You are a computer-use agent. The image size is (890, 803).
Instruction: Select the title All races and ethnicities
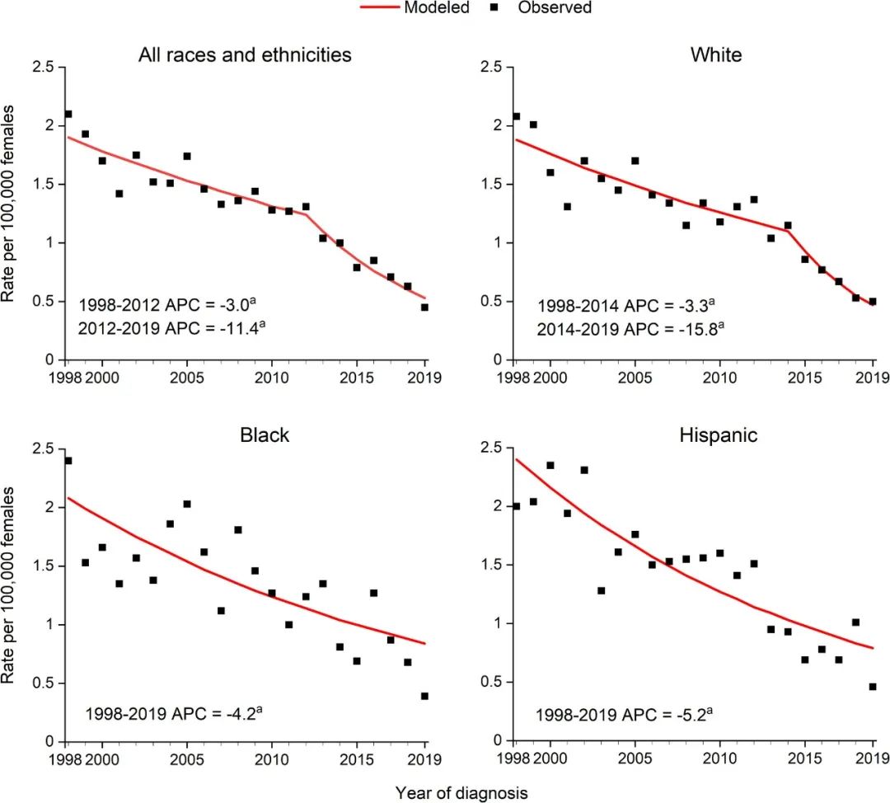pos(245,55)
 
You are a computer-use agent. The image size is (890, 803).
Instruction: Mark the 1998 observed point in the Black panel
pos(68,461)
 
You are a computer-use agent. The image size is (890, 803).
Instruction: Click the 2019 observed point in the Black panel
pos(424,696)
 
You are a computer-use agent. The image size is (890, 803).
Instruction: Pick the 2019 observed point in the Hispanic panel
pos(873,686)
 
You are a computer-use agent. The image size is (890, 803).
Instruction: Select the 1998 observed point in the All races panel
pos(68,114)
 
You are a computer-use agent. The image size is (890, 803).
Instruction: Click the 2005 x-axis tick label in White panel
pos(635,378)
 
